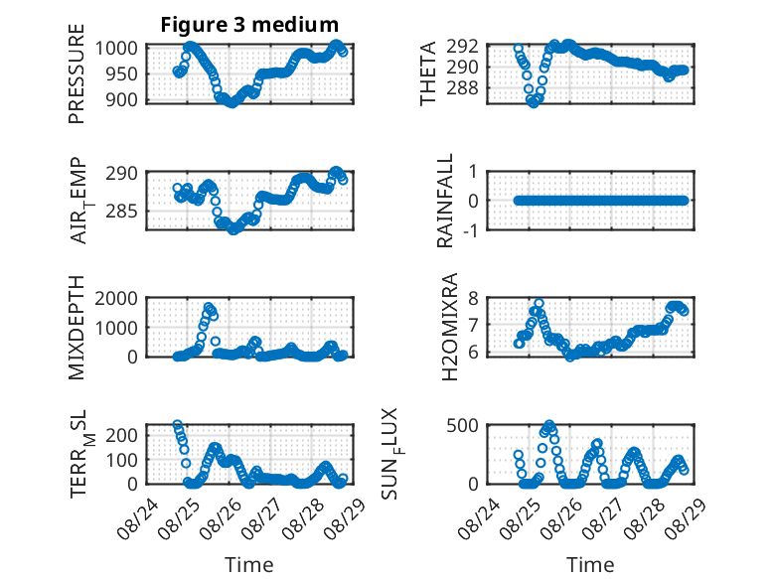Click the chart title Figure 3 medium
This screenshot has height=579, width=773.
coord(249,24)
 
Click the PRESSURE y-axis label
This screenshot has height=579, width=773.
coord(77,73)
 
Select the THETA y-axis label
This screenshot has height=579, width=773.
coord(428,73)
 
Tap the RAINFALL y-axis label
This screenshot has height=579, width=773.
coord(445,201)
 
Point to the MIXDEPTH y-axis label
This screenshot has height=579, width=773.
coord(77,327)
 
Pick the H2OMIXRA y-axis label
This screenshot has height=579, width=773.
coord(450,327)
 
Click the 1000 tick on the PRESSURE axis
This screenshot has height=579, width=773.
coord(116,49)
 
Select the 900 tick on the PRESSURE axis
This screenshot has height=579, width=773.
coord(122,99)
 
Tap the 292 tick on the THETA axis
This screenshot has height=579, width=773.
coord(462,47)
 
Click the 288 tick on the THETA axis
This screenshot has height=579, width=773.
coord(462,88)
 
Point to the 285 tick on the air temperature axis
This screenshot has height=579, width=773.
coord(122,212)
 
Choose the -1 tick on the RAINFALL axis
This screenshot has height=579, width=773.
coord(470,229)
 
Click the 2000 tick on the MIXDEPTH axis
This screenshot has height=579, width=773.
coord(116,298)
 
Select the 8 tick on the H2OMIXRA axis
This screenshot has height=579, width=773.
coord(474,298)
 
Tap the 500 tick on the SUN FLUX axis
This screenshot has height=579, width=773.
coord(462,425)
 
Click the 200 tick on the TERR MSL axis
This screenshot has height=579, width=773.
coord(122,435)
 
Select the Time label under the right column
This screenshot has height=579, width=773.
coord(590,564)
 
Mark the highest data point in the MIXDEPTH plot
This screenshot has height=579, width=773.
coord(209,307)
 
